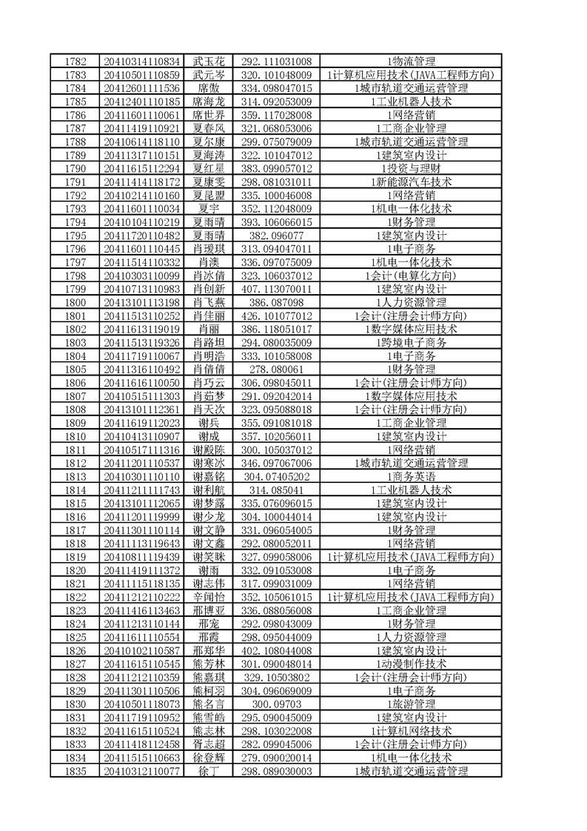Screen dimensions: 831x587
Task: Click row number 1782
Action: tap(76, 61)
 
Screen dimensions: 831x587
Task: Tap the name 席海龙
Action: tap(208, 101)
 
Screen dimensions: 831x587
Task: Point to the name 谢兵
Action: tap(208, 422)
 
